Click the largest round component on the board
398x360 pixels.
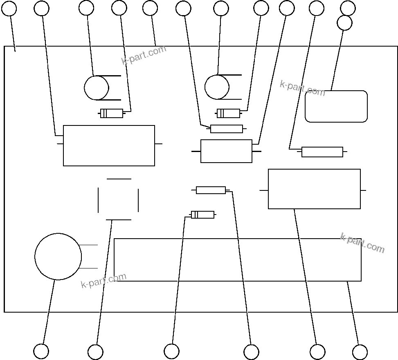(x=58, y=257)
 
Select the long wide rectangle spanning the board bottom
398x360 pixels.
(x=237, y=260)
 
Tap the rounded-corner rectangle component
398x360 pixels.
(x=336, y=107)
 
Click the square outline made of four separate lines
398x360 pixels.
(x=119, y=199)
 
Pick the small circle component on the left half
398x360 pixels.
(x=97, y=88)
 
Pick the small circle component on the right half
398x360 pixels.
(x=217, y=87)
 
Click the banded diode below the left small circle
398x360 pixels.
(x=112, y=113)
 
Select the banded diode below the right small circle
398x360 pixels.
(x=228, y=113)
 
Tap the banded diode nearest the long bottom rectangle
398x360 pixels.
(x=202, y=215)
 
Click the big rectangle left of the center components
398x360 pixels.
(x=109, y=145)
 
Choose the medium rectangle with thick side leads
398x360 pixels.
(x=226, y=151)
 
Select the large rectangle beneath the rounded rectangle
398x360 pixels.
(x=314, y=189)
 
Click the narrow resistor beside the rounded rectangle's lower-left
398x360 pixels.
(x=322, y=152)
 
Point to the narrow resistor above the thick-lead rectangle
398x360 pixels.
(x=227, y=129)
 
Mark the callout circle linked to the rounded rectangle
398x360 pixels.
(x=344, y=23)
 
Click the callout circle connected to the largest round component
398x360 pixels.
(x=41, y=351)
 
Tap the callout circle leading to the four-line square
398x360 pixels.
(x=95, y=352)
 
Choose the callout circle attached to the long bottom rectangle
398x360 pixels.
(x=360, y=352)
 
